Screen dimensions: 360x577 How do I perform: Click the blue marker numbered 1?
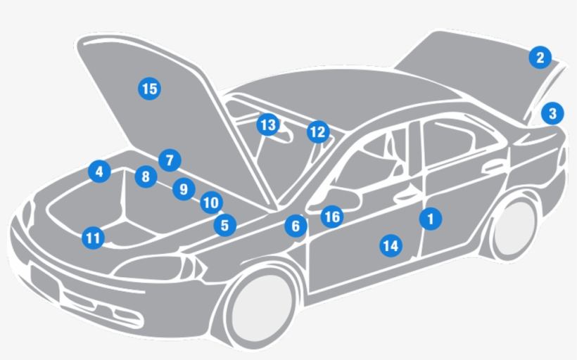coord(431,219)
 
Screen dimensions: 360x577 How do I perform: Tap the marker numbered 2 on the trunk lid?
coord(540,58)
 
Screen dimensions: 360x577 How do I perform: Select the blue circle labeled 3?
coord(552,112)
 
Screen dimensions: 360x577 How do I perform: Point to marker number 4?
coord(99,171)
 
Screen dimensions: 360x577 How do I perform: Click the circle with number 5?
coord(224,226)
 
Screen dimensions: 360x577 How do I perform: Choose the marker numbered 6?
coord(296,226)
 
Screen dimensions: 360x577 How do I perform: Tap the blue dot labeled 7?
coord(170,160)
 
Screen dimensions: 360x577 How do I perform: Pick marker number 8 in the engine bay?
coord(145,176)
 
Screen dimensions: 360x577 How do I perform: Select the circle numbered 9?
coord(183,189)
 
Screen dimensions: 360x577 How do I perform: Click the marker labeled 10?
coord(210,203)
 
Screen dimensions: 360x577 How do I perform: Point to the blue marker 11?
coord(92,238)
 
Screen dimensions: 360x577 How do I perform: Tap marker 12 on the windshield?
coord(318,131)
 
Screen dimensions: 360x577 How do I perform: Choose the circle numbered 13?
coord(267,125)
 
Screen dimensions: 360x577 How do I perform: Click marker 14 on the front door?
coord(391,245)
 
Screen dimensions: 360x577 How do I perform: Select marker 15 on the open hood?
coord(148,89)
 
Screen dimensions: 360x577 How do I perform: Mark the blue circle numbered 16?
coord(331,217)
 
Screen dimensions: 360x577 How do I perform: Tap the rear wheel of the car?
coord(514,229)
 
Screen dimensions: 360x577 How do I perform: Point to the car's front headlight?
coord(158,268)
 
